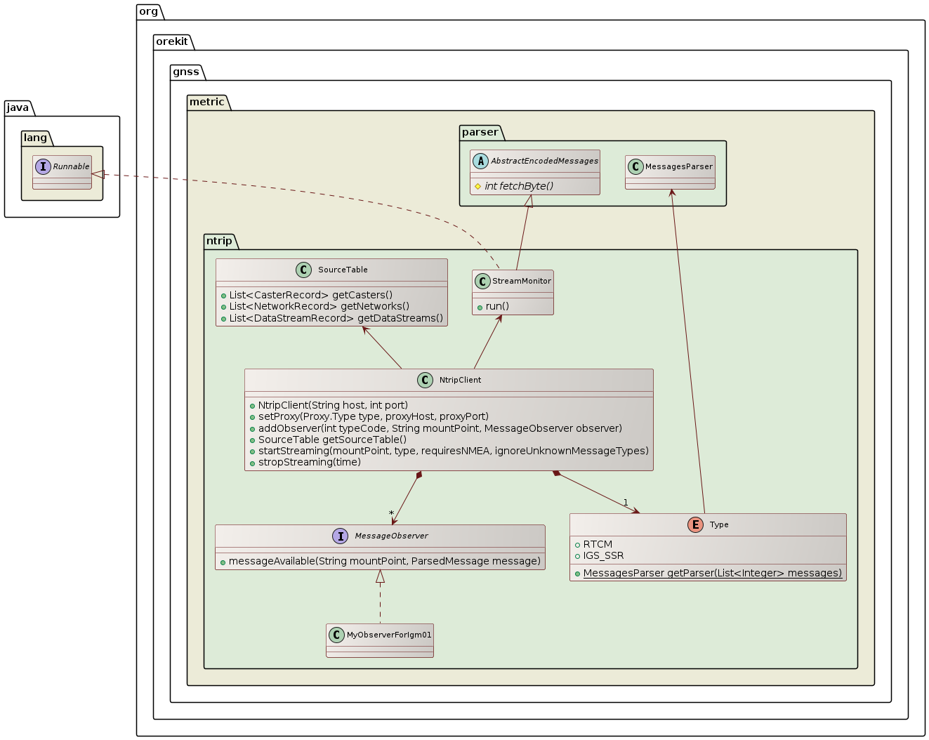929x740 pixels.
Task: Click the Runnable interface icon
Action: [x=44, y=166]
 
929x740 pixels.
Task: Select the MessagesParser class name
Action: [x=679, y=166]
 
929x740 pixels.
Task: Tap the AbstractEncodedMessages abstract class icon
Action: [x=480, y=161]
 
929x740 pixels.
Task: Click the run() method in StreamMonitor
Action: [x=497, y=306]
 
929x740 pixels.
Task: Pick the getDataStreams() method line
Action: [x=336, y=318]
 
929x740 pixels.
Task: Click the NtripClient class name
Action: [x=460, y=380]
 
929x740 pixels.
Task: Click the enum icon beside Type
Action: [x=695, y=524]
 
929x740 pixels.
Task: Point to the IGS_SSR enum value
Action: [x=603, y=555]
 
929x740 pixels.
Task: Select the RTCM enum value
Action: [x=598, y=544]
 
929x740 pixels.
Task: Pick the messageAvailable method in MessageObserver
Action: [x=384, y=561]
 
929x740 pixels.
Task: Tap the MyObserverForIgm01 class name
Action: [x=389, y=635]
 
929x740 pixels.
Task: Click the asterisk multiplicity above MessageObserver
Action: [x=391, y=513]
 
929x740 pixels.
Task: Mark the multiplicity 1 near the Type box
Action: [x=626, y=503]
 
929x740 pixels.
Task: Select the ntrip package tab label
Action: [x=219, y=241]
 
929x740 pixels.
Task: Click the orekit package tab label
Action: [x=172, y=41]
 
